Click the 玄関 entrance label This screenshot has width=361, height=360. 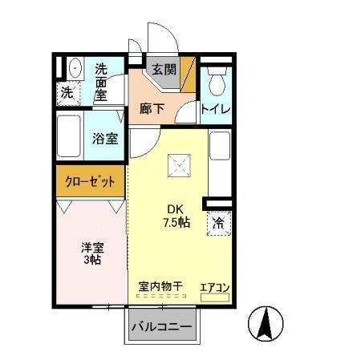point(164,70)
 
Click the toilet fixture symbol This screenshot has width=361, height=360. point(217,80)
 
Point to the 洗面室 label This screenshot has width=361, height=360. point(101,81)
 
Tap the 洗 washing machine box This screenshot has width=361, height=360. point(67,93)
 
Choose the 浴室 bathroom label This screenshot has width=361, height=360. point(105,138)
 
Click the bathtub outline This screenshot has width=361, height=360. point(69,137)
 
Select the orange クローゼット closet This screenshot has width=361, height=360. point(91,180)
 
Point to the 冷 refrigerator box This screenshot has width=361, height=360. point(218,223)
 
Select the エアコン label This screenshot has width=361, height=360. point(215,285)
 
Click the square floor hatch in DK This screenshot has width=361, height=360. point(177,166)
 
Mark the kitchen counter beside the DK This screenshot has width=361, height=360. point(219,160)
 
